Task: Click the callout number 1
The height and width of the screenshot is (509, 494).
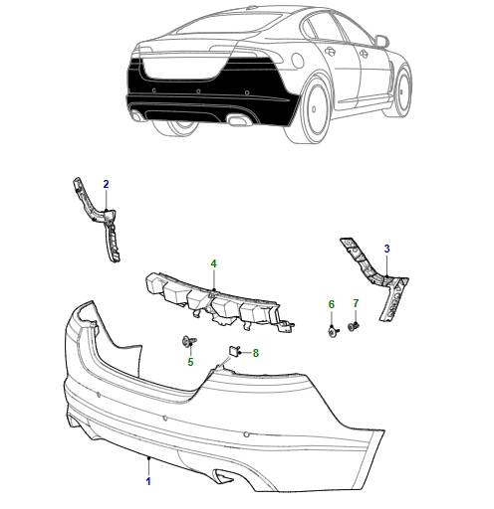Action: click(148, 481)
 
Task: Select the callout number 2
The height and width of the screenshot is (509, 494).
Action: click(106, 184)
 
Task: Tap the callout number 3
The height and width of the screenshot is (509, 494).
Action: click(386, 249)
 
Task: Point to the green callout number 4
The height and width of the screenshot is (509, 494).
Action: click(213, 263)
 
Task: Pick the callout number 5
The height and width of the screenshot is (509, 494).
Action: click(190, 362)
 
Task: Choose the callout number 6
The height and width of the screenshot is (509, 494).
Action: click(332, 304)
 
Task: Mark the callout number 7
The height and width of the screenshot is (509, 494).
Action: click(356, 303)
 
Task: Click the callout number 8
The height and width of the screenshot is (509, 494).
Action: click(255, 353)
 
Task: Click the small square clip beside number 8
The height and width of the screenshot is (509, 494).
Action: click(234, 351)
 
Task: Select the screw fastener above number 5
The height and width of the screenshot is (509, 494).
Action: click(189, 341)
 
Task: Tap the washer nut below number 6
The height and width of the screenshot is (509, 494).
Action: click(333, 330)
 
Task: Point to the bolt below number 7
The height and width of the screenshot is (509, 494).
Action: click(354, 327)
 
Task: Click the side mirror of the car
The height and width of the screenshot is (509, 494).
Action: click(381, 41)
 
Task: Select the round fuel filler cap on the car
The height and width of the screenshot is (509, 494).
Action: click(297, 61)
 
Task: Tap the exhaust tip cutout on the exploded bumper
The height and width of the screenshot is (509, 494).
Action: click(223, 476)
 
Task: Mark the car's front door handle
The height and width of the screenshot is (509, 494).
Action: click(363, 53)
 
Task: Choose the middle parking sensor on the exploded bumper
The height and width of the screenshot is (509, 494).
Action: click(166, 419)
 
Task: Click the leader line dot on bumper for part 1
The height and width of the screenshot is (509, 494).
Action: click(148, 458)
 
